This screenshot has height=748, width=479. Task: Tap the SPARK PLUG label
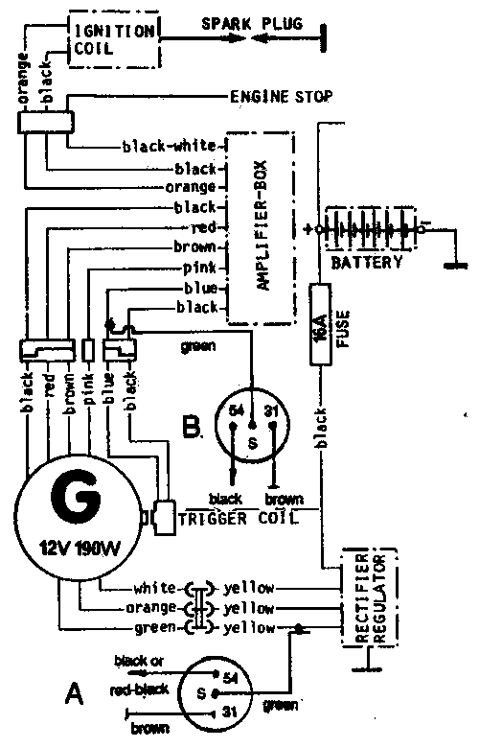pos(252,23)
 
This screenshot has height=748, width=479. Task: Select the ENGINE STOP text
pos(282,97)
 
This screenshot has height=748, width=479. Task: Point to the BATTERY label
pos(367,262)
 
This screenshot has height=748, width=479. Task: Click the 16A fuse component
pos(320,324)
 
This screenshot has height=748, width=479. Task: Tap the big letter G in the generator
pos(76,498)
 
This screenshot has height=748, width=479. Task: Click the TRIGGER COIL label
pos(239,519)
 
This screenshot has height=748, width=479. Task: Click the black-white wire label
pos(170,145)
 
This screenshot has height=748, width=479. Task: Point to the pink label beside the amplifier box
pos(199,269)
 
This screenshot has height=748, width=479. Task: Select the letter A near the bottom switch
pos(75,693)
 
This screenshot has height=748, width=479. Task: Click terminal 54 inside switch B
pos(237,410)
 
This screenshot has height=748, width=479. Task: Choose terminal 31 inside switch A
pos(229,712)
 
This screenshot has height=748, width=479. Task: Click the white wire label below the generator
pos(154,587)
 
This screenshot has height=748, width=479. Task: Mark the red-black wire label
pos(139,690)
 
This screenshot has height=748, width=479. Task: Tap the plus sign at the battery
pos(308,229)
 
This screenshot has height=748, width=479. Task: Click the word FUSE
pos(343,328)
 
